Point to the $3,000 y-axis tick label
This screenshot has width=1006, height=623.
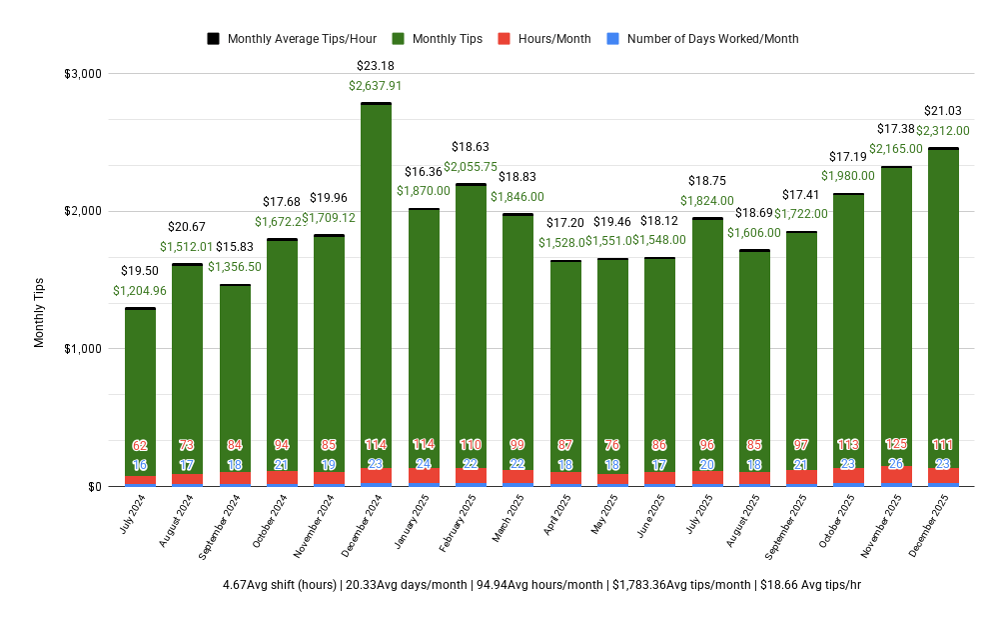tap(82, 74)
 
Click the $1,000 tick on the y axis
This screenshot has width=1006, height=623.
tap(82, 349)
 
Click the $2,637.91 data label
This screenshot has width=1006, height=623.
tap(376, 86)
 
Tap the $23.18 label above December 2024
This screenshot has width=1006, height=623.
tap(376, 66)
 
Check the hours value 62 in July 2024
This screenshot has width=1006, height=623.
tap(140, 445)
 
